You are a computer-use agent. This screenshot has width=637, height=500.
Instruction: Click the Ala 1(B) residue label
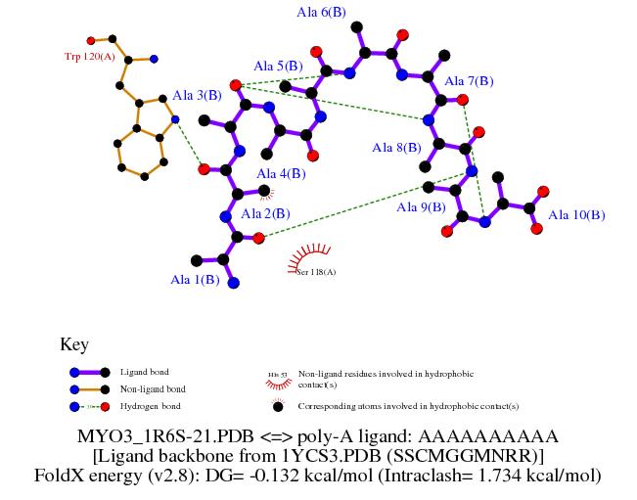[195, 280]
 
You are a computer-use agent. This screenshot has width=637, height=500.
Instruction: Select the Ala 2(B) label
[264, 212]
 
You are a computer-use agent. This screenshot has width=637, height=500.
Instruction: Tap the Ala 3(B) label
[197, 95]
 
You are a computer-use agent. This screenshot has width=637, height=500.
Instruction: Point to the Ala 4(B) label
[281, 173]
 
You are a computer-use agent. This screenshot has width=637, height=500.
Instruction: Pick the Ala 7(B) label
[469, 81]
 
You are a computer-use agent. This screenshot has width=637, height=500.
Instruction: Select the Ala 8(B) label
[396, 148]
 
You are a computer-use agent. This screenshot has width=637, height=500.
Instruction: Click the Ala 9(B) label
[420, 207]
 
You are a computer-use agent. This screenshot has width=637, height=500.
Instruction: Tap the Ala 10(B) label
[576, 214]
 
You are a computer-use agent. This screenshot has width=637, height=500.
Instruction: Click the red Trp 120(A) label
[90, 57]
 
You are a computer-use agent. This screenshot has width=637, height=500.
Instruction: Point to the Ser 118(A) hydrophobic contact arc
[311, 258]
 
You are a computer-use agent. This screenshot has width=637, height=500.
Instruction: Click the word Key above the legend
[74, 344]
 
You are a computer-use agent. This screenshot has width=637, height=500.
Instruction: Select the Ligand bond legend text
[144, 373]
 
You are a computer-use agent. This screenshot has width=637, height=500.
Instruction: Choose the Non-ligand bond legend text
[152, 389]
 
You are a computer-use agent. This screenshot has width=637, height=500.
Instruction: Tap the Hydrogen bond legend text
[150, 406]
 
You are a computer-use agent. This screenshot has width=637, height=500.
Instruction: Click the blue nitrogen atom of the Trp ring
[174, 120]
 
